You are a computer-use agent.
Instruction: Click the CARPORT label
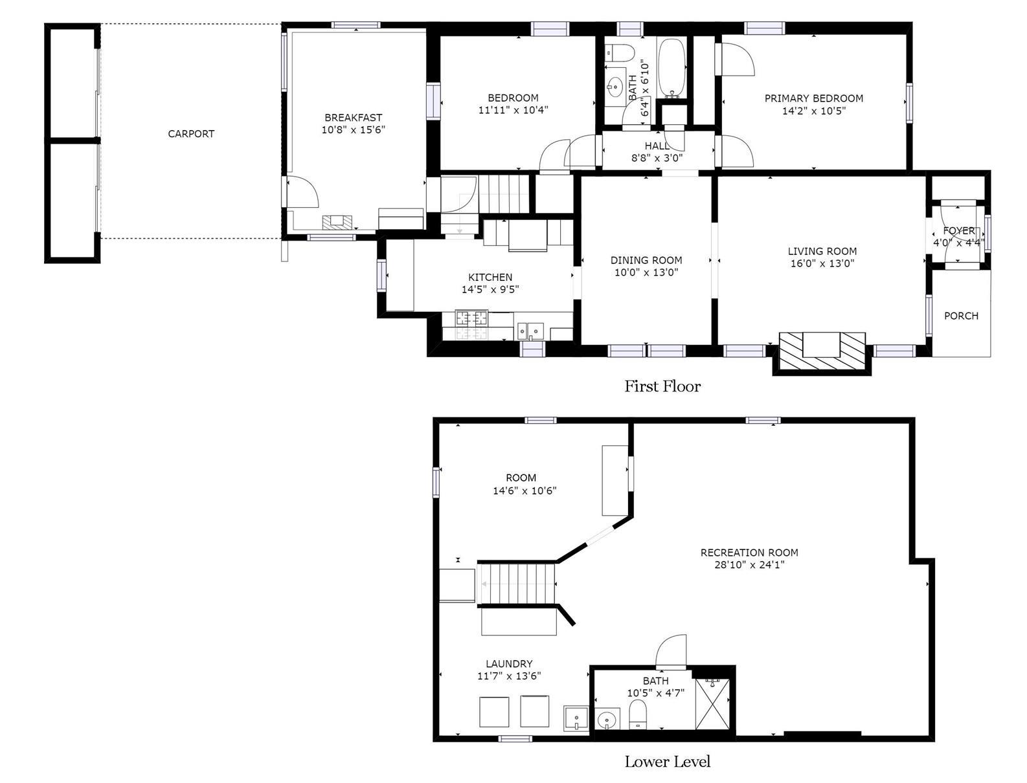[x=191, y=134]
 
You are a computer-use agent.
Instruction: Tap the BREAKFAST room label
[x=354, y=117]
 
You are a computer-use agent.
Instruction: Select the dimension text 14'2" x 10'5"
[x=814, y=111]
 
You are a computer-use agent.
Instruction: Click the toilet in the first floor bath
[x=618, y=52]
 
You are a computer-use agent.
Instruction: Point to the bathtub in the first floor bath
[x=672, y=68]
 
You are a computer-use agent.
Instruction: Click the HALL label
[x=657, y=146]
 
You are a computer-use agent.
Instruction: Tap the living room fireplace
[x=822, y=351]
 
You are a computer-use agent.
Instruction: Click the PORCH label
[x=961, y=316]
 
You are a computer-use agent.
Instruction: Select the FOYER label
[x=959, y=230]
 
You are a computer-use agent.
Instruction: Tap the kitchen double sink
[x=530, y=331]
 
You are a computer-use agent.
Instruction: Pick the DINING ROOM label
[x=646, y=260]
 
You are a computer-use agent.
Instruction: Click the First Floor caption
[x=662, y=386]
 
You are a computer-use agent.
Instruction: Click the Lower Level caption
[x=668, y=762]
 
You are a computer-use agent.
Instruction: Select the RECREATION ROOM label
[x=749, y=552]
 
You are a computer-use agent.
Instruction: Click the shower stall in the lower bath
[x=712, y=703]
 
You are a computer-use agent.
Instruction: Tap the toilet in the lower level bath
[x=637, y=716]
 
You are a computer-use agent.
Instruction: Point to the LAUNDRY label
[x=509, y=663]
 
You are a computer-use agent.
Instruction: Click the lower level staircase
[x=516, y=584]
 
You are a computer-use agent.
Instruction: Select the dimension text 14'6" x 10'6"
[x=525, y=491]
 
